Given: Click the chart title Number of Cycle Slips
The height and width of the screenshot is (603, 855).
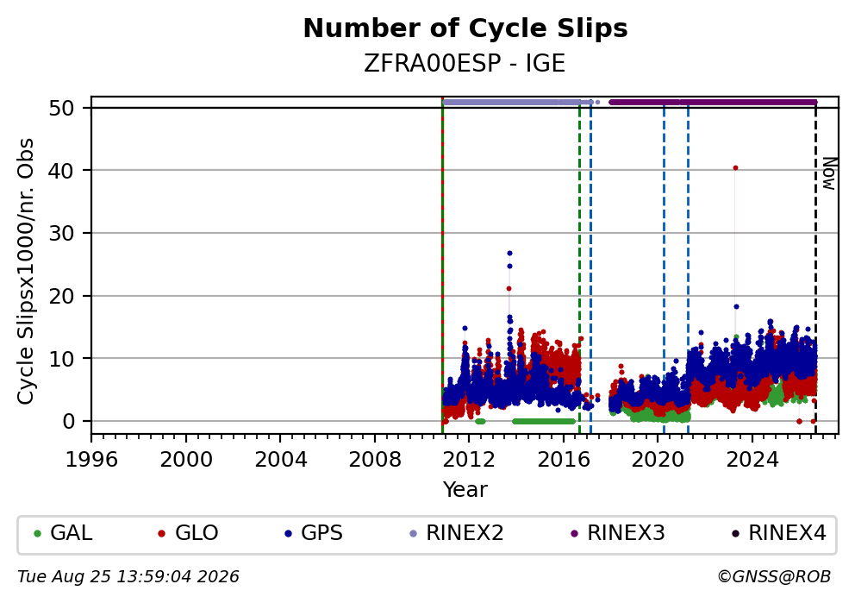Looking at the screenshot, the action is click(465, 28).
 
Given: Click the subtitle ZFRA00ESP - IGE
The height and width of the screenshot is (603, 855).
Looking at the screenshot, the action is click(465, 64).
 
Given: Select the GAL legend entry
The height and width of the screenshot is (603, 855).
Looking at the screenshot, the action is click(63, 533).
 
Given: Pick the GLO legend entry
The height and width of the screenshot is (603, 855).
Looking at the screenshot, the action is click(188, 533).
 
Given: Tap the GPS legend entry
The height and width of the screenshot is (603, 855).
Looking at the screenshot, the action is click(314, 533).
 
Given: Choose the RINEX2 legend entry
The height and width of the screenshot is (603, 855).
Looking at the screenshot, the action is click(457, 533).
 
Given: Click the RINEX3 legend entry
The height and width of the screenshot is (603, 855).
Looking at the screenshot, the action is click(618, 533).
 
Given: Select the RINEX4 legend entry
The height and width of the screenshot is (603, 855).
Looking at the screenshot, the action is click(779, 533).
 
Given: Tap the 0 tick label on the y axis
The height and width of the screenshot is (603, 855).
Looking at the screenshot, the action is click(69, 421).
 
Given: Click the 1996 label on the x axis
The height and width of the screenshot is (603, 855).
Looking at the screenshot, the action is click(91, 460).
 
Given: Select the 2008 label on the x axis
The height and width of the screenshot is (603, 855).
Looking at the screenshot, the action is click(375, 460).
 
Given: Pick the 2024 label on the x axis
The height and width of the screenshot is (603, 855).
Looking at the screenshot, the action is click(752, 460).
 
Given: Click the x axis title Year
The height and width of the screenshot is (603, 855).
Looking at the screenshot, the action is click(465, 489).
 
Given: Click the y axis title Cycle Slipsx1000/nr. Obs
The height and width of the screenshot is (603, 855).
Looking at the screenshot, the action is click(25, 271).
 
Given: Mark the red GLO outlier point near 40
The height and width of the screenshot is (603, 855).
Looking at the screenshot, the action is click(735, 168).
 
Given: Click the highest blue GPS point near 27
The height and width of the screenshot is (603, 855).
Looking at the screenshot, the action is click(510, 254).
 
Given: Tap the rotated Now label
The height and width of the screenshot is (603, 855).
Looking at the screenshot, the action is click(829, 173).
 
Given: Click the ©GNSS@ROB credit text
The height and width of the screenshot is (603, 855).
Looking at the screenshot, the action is click(774, 577).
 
